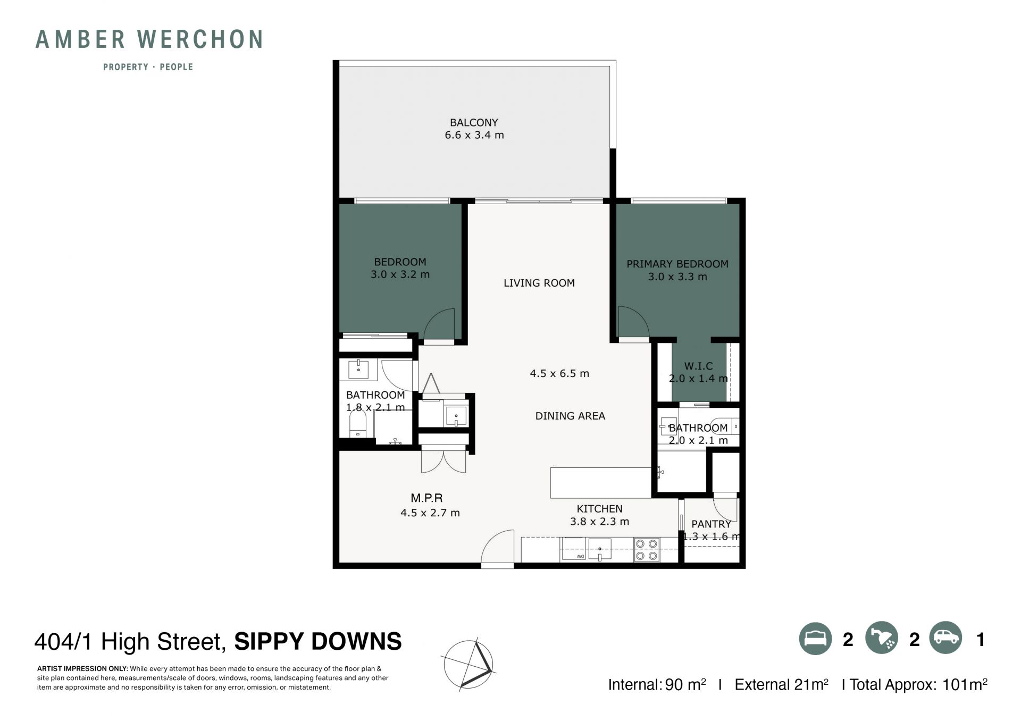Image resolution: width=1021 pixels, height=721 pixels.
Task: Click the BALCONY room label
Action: (474, 122)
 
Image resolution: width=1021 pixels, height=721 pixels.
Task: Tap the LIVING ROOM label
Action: (539, 283)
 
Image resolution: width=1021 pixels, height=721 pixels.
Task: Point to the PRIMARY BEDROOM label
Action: (677, 264)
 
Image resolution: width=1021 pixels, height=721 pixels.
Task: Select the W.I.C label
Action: (698, 366)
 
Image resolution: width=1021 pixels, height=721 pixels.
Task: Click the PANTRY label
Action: (711, 524)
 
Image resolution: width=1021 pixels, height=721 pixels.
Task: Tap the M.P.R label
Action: (426, 498)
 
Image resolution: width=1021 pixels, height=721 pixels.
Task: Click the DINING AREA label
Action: (570, 416)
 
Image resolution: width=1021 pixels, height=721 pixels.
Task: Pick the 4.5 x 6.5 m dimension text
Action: (559, 373)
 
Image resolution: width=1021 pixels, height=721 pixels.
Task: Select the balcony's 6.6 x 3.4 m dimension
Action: (474, 135)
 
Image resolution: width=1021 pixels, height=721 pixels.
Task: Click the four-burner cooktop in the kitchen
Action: (647, 550)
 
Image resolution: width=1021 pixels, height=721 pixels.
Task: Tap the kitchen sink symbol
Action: (599, 549)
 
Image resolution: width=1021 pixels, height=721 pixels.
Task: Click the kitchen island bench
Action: (600, 482)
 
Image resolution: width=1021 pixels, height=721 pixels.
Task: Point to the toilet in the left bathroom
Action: (357, 424)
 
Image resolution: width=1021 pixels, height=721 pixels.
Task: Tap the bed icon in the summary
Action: (815, 639)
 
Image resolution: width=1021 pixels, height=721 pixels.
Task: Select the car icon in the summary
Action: (946, 638)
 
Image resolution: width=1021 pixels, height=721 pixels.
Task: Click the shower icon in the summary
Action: (882, 638)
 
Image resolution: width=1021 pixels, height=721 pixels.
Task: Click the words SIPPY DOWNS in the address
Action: (318, 641)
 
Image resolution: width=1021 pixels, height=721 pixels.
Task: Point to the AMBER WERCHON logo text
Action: (149, 39)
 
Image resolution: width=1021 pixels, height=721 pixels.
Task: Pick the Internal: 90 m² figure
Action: (657, 684)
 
